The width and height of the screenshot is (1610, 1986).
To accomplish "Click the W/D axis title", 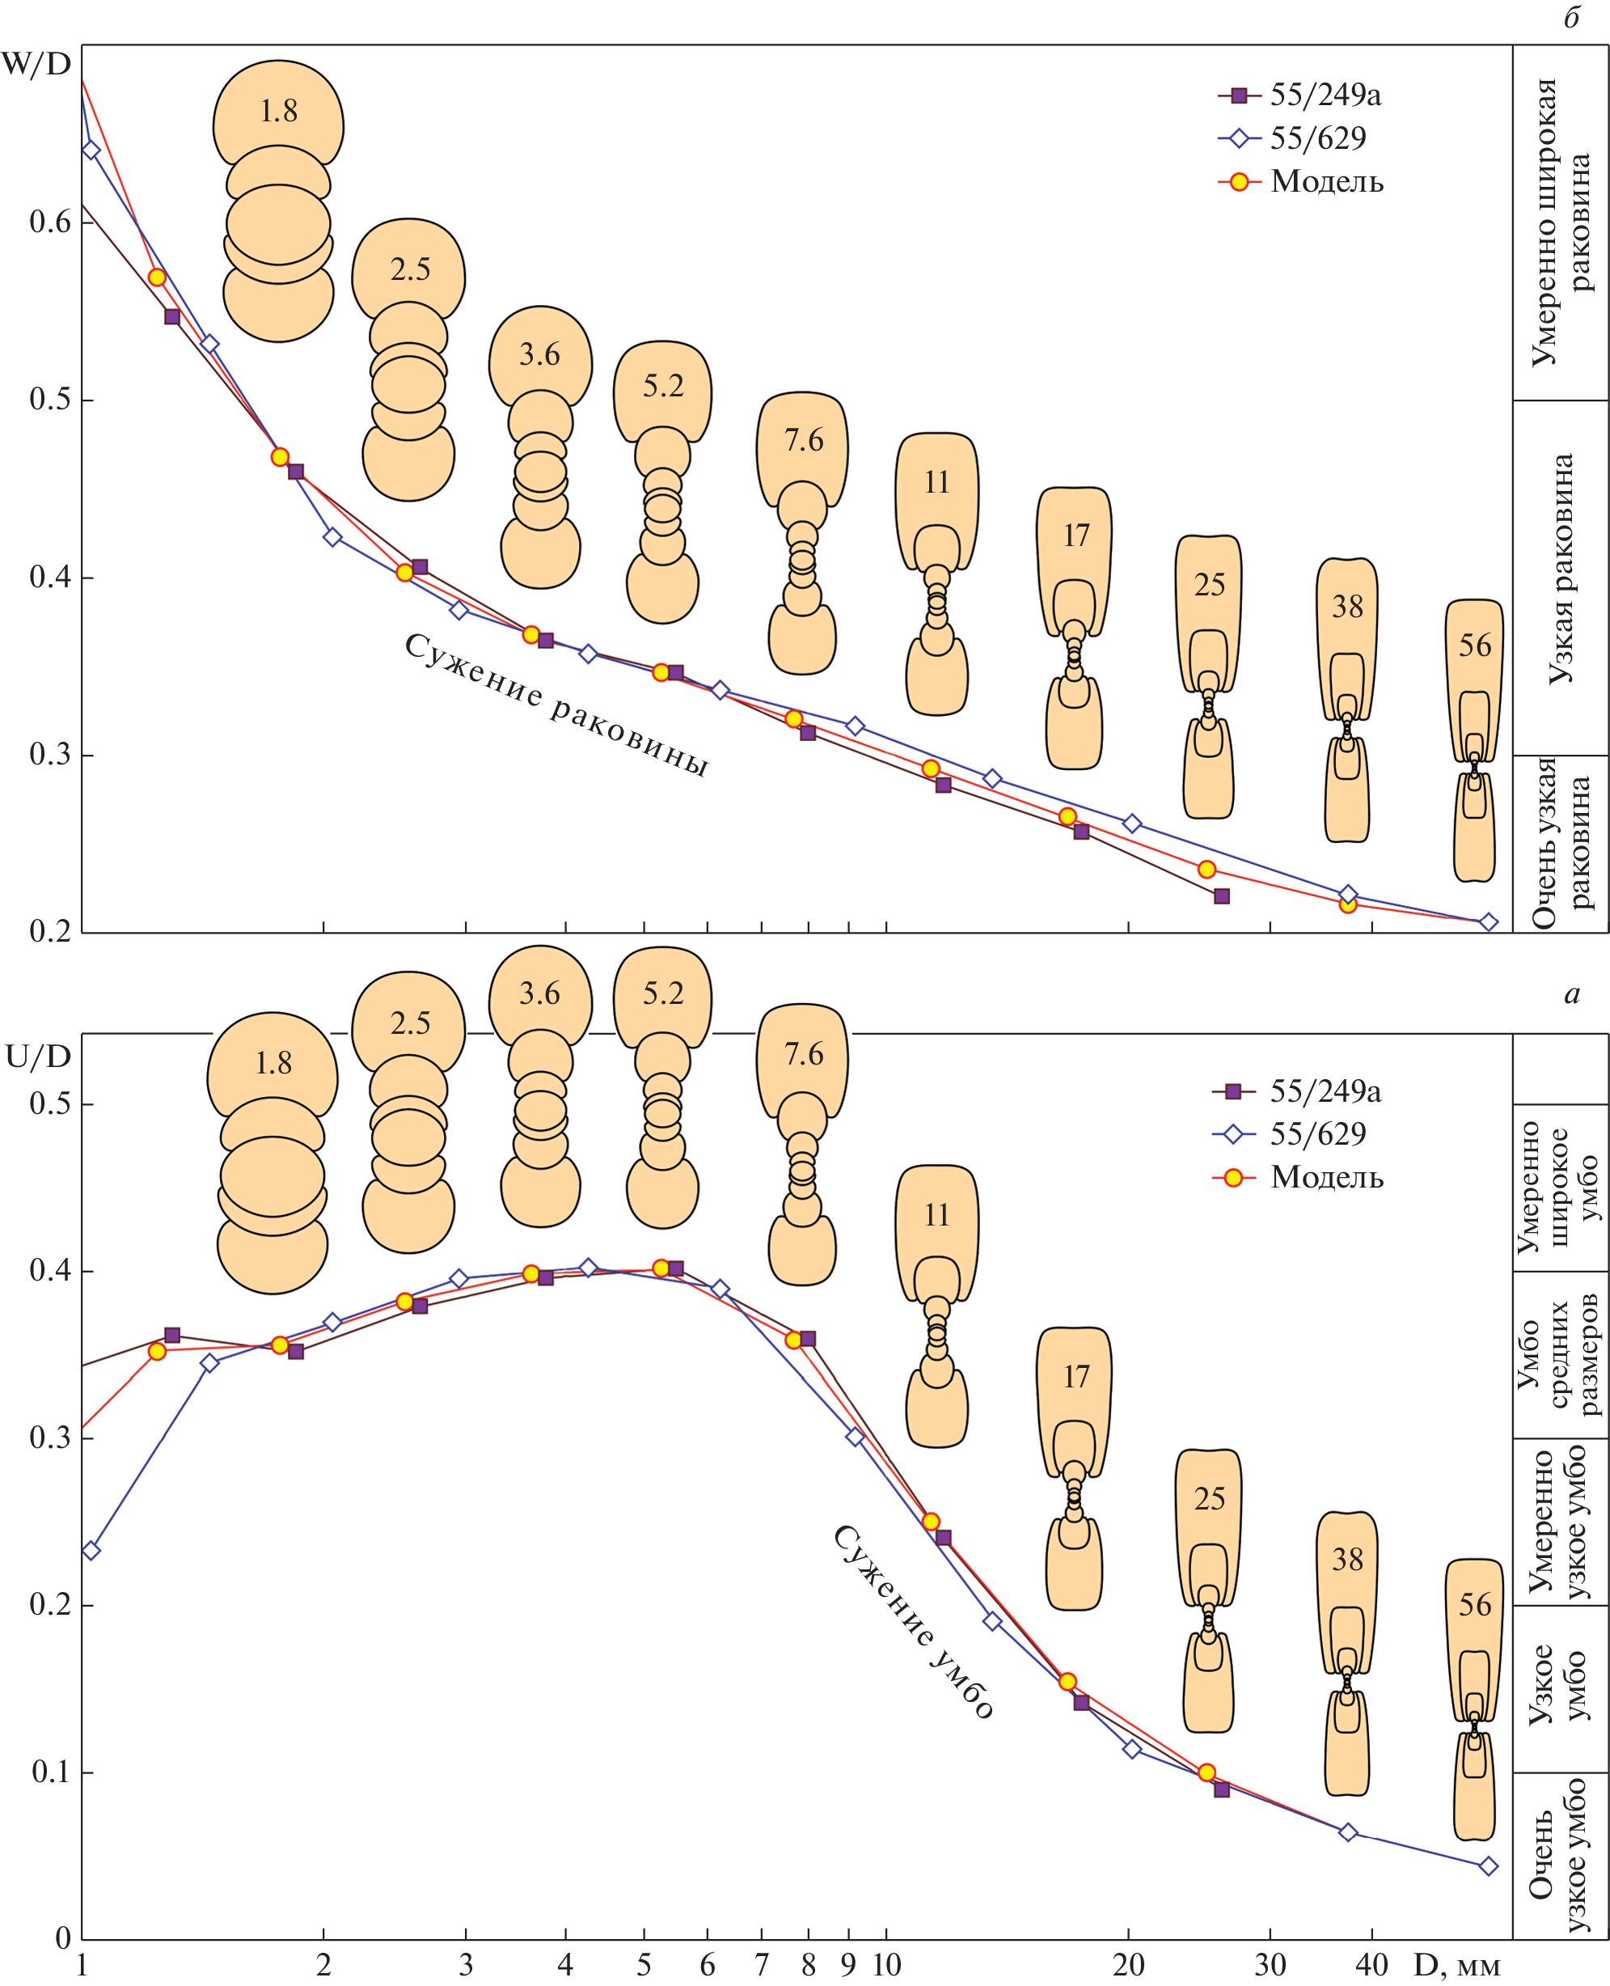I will pos(36,64).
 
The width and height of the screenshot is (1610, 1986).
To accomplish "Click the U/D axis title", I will pos(38,1057).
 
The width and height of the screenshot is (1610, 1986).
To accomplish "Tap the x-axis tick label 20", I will pos(1129,1965).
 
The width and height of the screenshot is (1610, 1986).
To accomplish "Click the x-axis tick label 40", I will pos(1371,1965).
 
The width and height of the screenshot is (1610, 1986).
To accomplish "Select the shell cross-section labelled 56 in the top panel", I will pos(1475,739).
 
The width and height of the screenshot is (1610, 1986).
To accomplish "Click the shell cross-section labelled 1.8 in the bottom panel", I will pos(273,1152).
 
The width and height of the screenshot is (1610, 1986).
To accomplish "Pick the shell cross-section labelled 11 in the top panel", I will pos(936,574).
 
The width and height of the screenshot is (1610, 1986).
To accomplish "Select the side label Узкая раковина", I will pos(1561,569).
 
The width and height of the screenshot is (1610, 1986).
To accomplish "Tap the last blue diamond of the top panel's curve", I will pos(1489,921).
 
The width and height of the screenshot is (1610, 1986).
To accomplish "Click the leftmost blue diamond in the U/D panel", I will pos(91,1550).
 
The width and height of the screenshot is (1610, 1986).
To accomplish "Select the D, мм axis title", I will pos(1456,1965).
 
